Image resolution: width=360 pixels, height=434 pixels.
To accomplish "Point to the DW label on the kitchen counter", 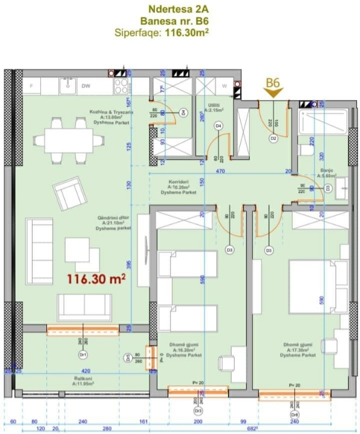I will coord(86,86).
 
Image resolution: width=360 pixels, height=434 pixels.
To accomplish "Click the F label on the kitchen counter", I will coord(31,86).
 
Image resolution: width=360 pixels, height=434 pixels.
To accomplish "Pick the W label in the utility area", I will coord(224,86).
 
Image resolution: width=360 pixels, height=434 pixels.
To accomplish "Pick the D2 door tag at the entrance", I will coord(273,139).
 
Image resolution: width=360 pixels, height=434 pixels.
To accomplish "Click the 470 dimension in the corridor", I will coord(221,171).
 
